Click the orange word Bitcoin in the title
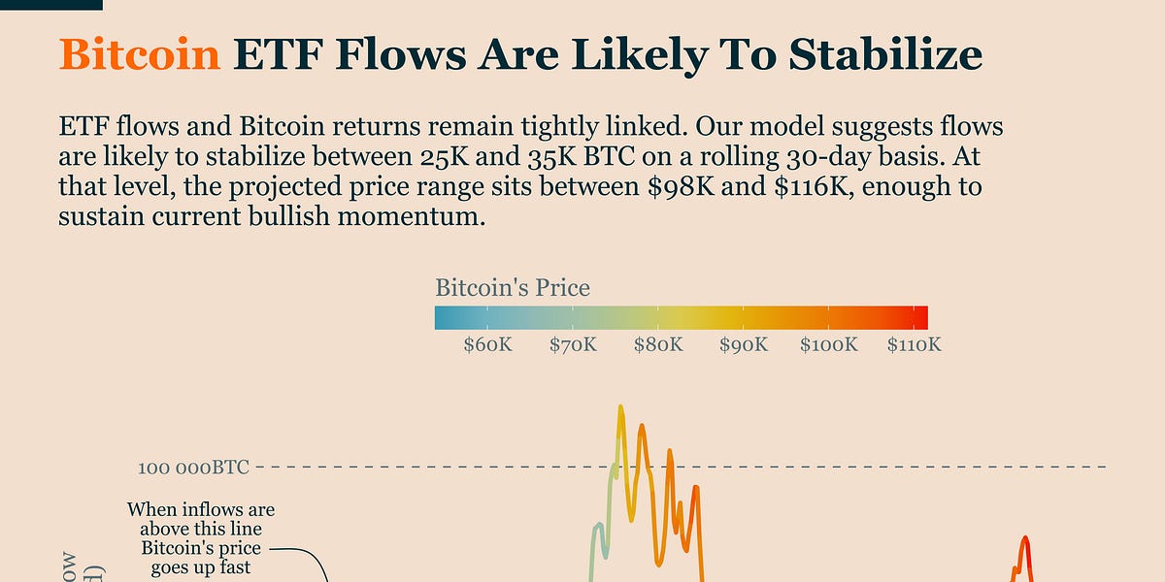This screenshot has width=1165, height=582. (x=140, y=55)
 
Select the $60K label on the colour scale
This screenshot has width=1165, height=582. (x=487, y=344)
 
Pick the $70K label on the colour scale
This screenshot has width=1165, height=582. (x=573, y=344)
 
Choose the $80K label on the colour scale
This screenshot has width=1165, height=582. (x=658, y=344)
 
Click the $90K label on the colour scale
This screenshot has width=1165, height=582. (x=744, y=344)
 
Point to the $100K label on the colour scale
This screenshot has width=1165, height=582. (x=829, y=344)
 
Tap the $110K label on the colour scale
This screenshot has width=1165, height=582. (x=915, y=344)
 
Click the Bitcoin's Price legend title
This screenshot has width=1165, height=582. (x=513, y=288)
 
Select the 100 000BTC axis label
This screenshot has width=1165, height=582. (x=194, y=468)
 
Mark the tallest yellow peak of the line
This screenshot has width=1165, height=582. (x=619, y=407)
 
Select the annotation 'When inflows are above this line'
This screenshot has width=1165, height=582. (x=201, y=519)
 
